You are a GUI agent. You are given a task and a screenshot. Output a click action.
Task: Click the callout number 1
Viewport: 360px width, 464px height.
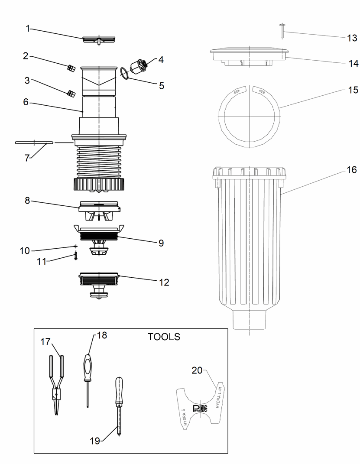(28, 29)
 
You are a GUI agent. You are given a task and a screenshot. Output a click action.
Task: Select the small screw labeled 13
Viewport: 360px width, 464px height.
(282, 31)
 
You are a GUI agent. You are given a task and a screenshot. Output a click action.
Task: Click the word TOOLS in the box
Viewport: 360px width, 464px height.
(164, 337)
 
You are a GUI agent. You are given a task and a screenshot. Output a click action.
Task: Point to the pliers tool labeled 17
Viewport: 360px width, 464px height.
(57, 381)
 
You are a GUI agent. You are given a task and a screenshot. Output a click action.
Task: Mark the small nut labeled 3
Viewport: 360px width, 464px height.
(71, 93)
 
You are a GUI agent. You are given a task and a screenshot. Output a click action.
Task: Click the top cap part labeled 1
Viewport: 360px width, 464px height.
(99, 40)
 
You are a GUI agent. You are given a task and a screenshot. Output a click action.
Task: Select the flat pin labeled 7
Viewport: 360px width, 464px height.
(34, 142)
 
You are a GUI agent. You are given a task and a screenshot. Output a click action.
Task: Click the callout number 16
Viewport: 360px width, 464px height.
(351, 170)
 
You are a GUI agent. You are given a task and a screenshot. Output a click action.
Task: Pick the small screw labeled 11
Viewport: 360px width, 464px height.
(76, 256)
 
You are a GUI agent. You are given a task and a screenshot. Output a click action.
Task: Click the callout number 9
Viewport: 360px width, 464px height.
(161, 243)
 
